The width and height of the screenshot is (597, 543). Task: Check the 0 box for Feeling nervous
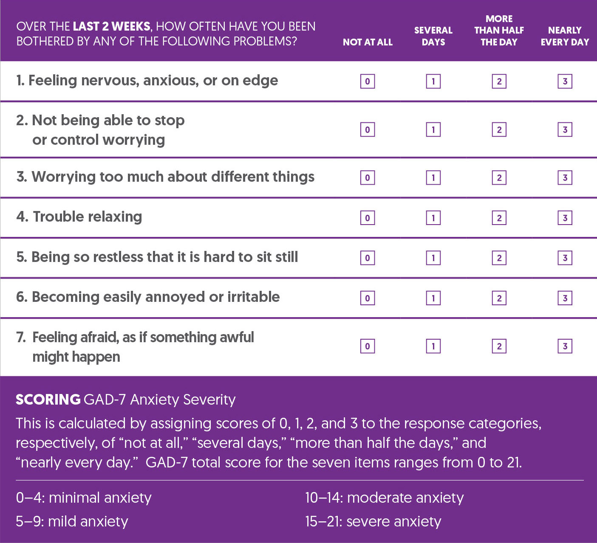(368, 81)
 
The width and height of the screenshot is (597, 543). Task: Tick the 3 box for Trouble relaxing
(565, 218)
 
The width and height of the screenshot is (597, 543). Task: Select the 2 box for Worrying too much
(499, 177)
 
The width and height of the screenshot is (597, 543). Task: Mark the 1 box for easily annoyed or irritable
(433, 298)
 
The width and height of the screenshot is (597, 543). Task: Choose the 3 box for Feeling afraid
(565, 346)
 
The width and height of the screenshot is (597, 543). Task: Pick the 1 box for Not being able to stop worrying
(433, 129)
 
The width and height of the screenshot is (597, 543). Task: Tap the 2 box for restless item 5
(499, 258)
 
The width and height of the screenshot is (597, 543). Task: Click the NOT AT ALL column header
(368, 42)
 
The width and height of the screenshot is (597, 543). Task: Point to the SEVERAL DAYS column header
(433, 36)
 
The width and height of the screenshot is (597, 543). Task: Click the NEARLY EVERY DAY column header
(565, 36)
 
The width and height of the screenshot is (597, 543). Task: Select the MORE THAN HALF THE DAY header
(499, 30)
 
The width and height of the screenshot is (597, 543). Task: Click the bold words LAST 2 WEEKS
(111, 26)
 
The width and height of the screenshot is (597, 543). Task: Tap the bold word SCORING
(48, 400)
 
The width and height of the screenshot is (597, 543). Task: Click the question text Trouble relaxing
(87, 217)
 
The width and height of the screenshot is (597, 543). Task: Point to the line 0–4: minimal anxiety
(84, 498)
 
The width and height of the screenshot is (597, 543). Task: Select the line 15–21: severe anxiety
(373, 521)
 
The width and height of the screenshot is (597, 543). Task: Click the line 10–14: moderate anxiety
(384, 498)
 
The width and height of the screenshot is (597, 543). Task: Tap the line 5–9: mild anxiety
(72, 521)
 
